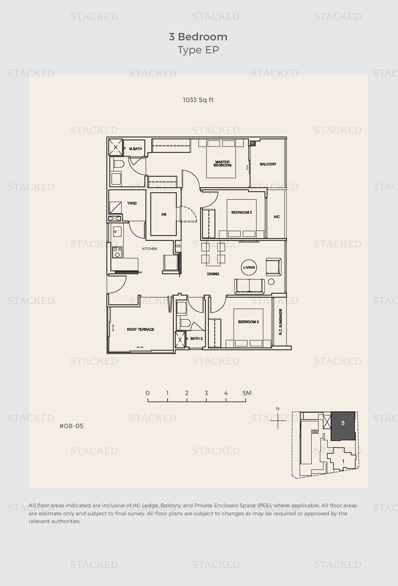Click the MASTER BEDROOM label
222,164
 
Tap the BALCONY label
268,164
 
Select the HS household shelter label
164,214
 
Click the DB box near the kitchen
178,246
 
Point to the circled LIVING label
249,267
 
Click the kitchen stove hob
117,252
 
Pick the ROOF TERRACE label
140,329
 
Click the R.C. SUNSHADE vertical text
280,322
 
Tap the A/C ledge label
276,217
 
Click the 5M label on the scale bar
247,393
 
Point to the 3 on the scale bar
206,393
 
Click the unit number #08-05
71,426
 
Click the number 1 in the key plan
343,461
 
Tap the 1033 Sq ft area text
198,100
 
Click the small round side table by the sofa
271,282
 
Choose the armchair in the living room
273,267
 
